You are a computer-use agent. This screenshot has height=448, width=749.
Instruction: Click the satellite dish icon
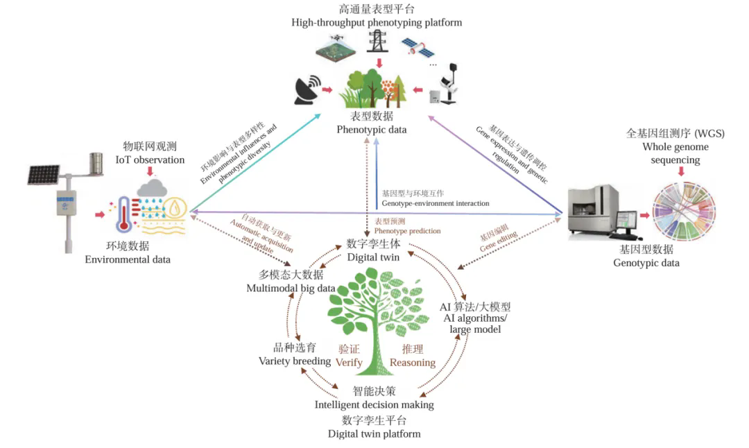click(306, 89)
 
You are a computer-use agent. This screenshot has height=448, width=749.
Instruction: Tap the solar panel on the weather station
click(43, 173)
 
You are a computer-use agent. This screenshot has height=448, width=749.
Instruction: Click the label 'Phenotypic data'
click(372, 130)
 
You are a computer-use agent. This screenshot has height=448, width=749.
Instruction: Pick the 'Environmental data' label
click(128, 259)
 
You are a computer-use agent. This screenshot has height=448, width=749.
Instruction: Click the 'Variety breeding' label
click(294, 361)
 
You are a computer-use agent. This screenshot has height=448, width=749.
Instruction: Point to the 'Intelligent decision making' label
click(374, 404)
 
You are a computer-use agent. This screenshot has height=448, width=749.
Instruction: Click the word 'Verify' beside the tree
click(349, 362)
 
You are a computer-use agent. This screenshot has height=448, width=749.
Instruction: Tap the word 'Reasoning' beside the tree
click(412, 362)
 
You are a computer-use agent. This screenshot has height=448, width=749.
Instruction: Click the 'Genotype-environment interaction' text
click(435, 203)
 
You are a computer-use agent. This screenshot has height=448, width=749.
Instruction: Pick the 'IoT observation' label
click(150, 160)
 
